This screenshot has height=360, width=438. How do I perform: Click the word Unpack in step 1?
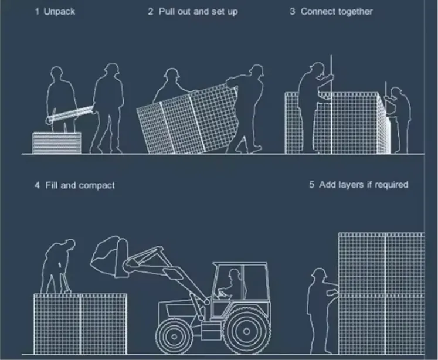[59, 12]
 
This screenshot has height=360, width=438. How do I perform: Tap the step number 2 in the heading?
[151, 12]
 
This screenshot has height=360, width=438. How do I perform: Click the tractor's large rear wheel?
[246, 331]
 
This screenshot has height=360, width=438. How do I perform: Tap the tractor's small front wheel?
[174, 337]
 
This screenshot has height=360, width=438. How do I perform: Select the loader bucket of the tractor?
[110, 257]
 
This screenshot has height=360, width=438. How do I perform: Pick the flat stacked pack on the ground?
[57, 143]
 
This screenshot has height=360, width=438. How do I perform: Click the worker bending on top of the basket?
[58, 266]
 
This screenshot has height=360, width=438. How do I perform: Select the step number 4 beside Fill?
[37, 185]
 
